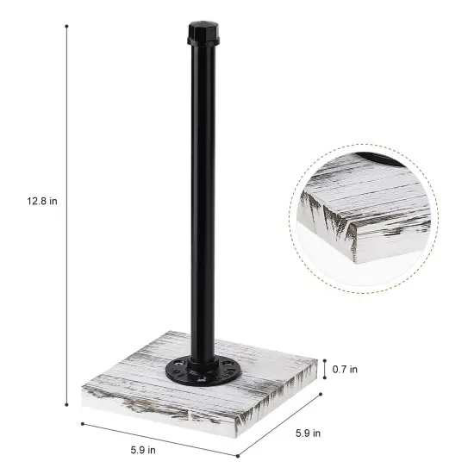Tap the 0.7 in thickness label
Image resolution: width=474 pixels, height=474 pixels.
(346, 369)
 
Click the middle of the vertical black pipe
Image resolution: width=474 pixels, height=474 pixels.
(203, 198)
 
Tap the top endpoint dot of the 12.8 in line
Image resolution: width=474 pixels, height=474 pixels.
(67, 26)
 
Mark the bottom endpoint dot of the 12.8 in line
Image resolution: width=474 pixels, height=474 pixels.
(67, 404)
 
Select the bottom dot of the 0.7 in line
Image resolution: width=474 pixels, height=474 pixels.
(324, 379)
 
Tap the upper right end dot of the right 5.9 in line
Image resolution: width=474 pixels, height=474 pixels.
(321, 396)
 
